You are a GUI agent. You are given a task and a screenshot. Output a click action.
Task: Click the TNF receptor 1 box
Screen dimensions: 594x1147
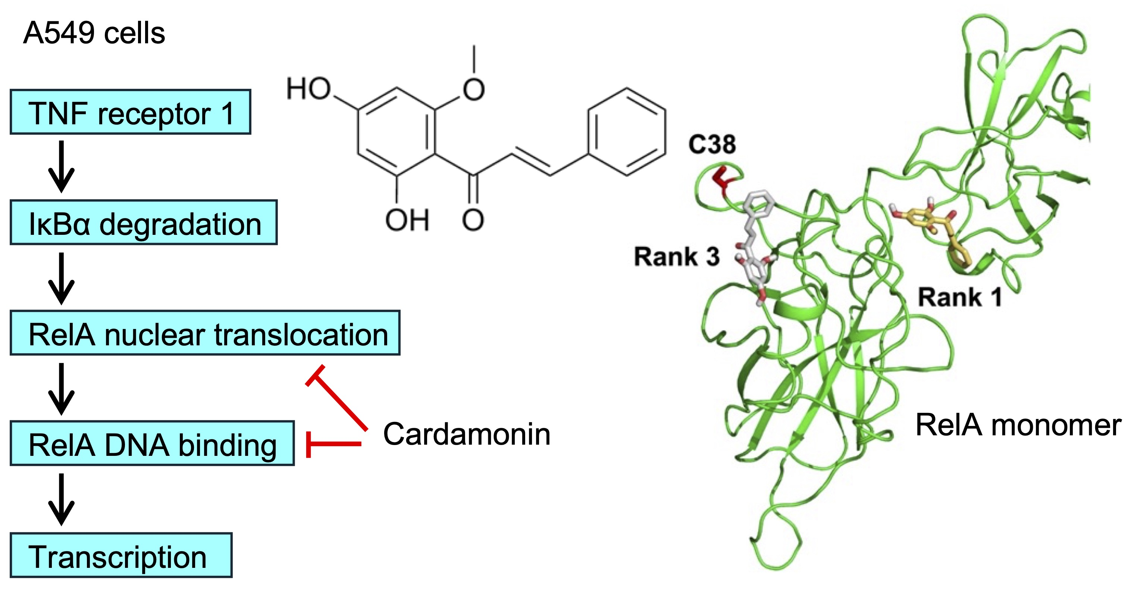[130, 112]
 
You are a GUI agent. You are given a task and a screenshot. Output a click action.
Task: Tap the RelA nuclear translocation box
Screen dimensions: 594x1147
[205, 333]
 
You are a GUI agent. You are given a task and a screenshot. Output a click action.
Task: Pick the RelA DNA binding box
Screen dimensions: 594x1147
[152, 444]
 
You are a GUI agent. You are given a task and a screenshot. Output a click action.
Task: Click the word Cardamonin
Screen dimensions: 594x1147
[467, 434]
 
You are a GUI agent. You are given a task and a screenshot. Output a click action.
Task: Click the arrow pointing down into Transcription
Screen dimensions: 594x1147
[62, 499]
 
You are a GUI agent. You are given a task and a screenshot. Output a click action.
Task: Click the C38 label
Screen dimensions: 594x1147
[712, 144]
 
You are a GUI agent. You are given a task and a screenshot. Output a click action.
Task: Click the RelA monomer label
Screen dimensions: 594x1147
[1018, 425]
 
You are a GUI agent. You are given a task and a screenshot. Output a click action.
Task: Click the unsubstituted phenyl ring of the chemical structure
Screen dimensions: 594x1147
[627, 132]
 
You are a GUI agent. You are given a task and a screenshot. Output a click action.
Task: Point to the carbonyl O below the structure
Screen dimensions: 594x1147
[473, 220]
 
